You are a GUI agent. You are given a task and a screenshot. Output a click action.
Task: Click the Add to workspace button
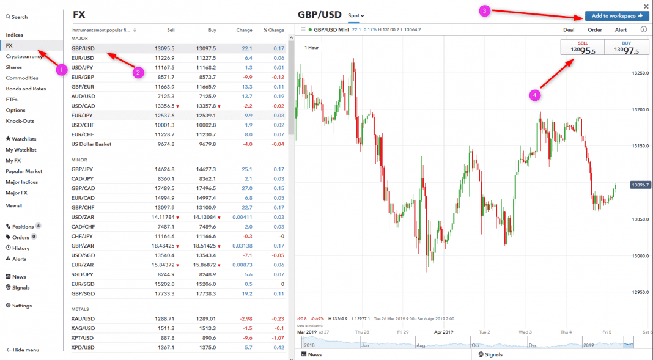[616, 16]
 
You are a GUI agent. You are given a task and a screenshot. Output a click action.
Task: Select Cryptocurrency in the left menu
[24, 56]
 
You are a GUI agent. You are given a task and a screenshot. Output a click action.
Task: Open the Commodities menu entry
[22, 78]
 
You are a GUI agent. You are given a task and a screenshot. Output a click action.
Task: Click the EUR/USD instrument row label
[83, 57]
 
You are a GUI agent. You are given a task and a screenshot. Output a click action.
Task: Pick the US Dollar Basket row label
[91, 144]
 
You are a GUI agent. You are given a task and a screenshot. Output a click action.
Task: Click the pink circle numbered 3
[484, 11]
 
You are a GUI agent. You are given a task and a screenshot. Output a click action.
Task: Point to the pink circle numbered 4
[535, 95]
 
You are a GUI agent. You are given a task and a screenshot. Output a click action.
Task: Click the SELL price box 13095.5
[582, 48]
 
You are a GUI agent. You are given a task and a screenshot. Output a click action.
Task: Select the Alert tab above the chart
[621, 29]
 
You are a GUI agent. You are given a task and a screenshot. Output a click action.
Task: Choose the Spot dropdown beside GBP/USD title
[356, 15]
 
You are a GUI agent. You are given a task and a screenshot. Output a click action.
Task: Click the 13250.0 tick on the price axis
[640, 73]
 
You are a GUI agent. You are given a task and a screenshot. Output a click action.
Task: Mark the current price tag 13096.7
[640, 185]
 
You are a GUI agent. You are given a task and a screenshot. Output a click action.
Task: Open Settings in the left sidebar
[21, 306]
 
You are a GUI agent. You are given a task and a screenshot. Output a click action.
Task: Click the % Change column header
[273, 30]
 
